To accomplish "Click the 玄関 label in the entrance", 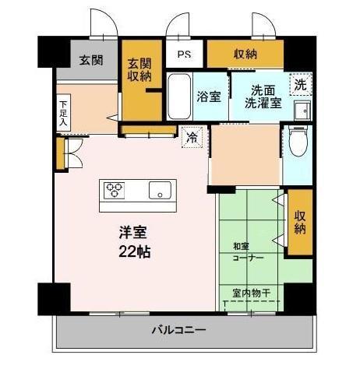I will tap(91, 59).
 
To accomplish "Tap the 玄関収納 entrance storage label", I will tap(139, 71).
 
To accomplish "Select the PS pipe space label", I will tap(183, 55).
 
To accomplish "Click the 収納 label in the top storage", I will tap(245, 54).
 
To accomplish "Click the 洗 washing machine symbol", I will tap(300, 83).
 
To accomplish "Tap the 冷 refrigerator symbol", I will tap(191, 139).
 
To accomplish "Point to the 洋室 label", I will tap(133, 232).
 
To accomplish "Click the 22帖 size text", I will tap(134, 251).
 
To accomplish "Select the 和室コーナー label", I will tap(248, 251).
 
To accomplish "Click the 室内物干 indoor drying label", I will tap(251, 293).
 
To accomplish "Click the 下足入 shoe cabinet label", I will tap(63, 113).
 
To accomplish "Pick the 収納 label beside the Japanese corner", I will tap(300, 223).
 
